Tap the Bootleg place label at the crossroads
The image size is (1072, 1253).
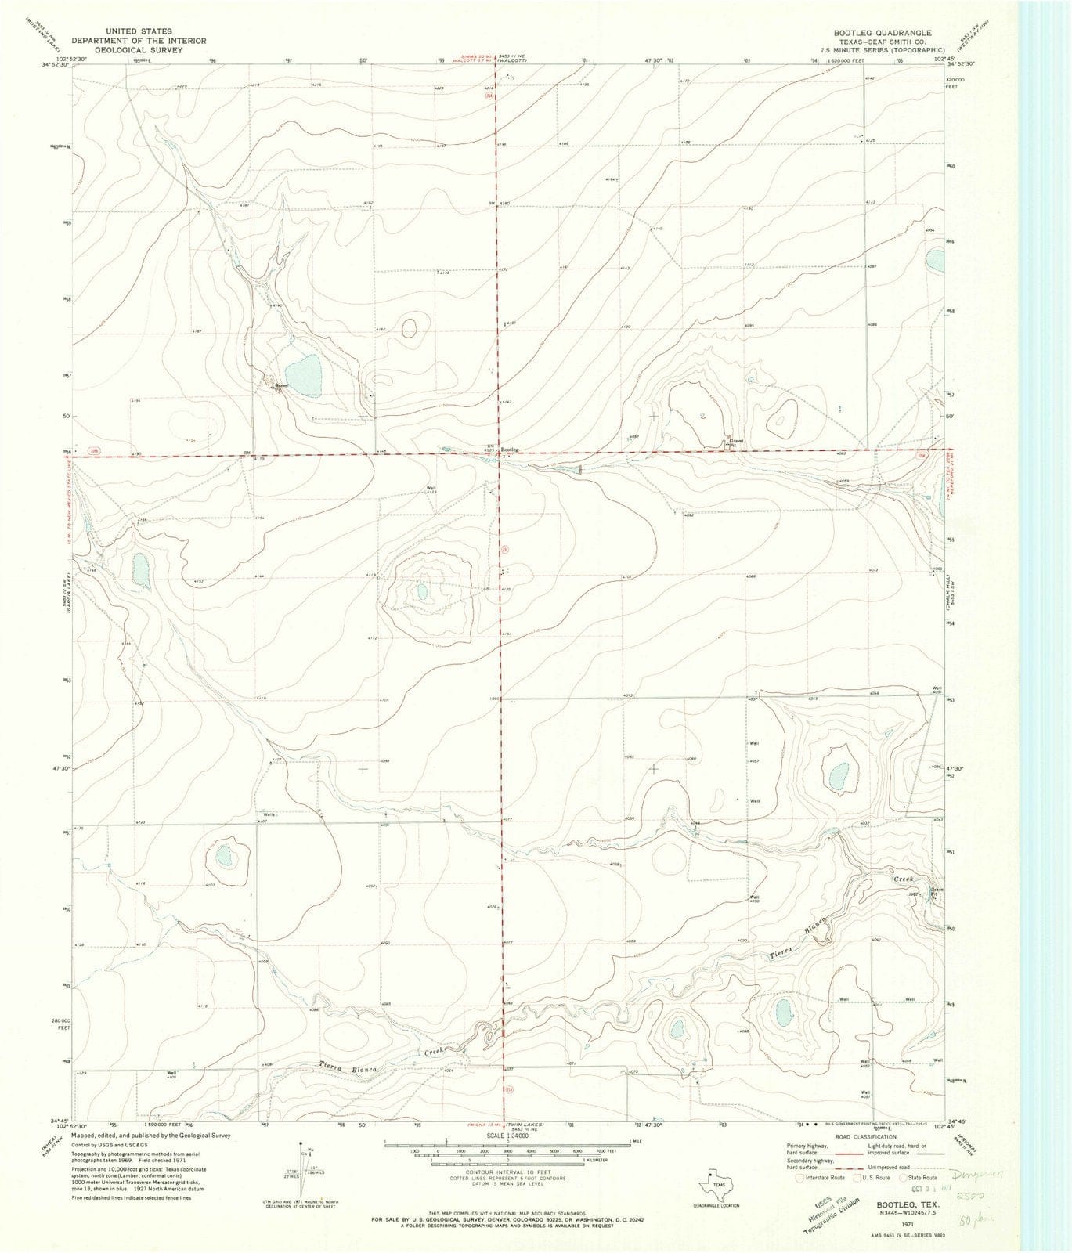pos(511,450)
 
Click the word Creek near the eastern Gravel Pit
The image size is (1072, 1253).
pos(907,879)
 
